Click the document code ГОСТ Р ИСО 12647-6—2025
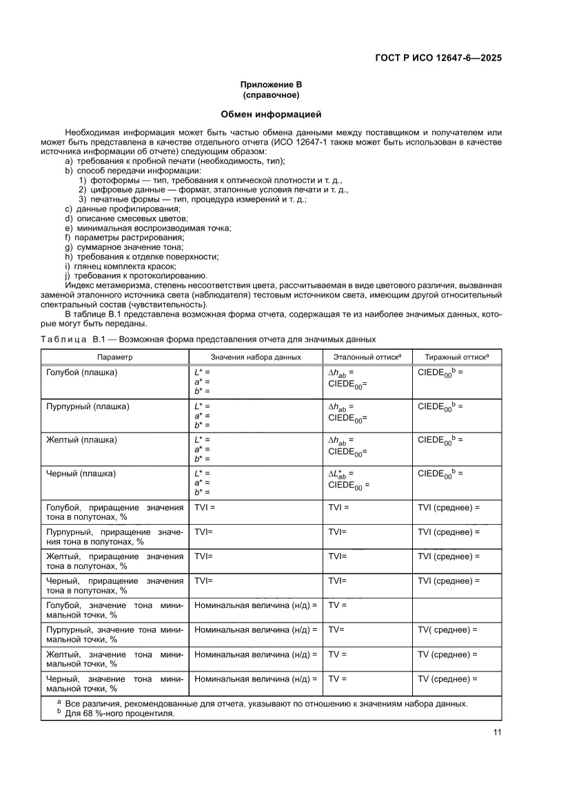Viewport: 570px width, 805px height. (x=438, y=59)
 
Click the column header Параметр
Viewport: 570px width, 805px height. (x=114, y=357)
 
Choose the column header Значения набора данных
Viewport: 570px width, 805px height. (x=256, y=357)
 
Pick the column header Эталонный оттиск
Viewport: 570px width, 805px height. (x=367, y=357)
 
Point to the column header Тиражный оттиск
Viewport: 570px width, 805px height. (x=456, y=357)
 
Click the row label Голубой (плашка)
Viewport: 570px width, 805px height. (x=81, y=373)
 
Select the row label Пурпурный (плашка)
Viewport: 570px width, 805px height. (x=88, y=406)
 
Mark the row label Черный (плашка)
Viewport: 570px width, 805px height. (x=81, y=474)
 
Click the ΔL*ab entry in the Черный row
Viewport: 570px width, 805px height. (x=341, y=474)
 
